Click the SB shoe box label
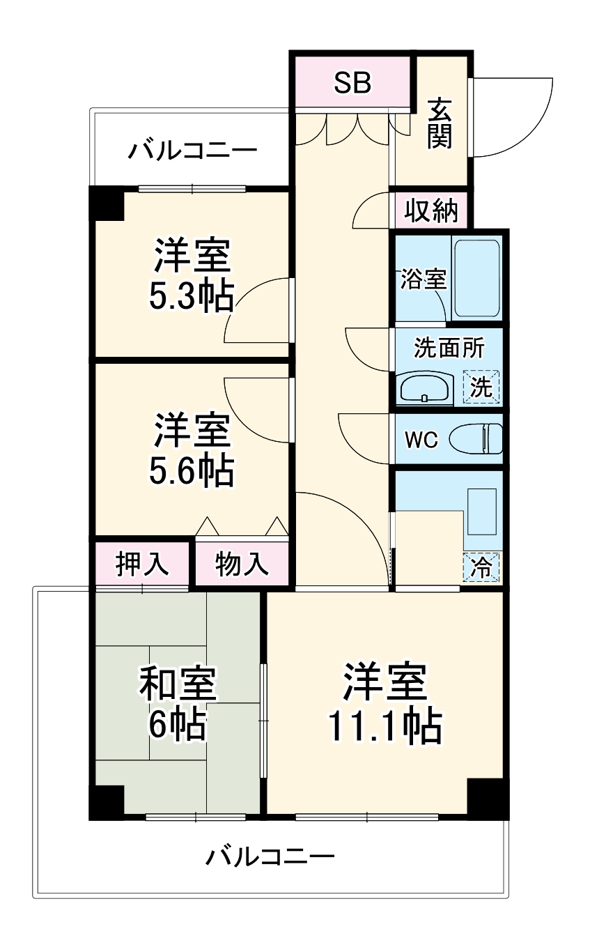[x=352, y=83]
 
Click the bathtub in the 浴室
[x=477, y=279]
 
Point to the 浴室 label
[x=423, y=279]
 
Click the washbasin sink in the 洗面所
[x=425, y=387]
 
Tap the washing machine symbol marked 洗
[x=481, y=387]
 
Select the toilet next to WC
[x=476, y=439]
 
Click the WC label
[x=421, y=440]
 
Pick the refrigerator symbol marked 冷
[x=481, y=567]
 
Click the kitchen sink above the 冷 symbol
[x=482, y=512]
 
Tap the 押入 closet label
[x=142, y=564]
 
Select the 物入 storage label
[x=242, y=564]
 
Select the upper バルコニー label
[x=192, y=151]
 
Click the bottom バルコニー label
[x=270, y=856]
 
